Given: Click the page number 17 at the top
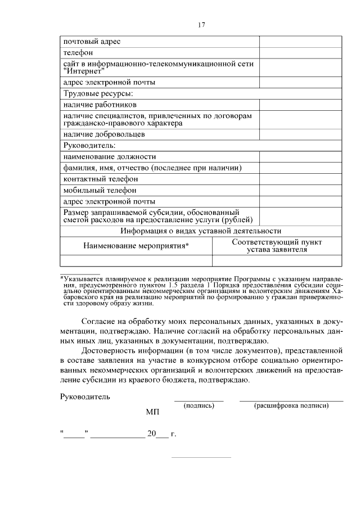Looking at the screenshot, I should [202, 24].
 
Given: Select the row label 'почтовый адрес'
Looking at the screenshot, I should [91, 42].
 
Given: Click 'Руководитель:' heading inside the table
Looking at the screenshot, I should [89, 146].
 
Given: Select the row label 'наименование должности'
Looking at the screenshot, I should [109, 157].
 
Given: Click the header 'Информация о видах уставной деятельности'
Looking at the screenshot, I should [200, 231].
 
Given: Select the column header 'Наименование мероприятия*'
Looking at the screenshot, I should [136, 246].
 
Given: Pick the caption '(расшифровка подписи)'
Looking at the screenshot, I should [291, 405].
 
